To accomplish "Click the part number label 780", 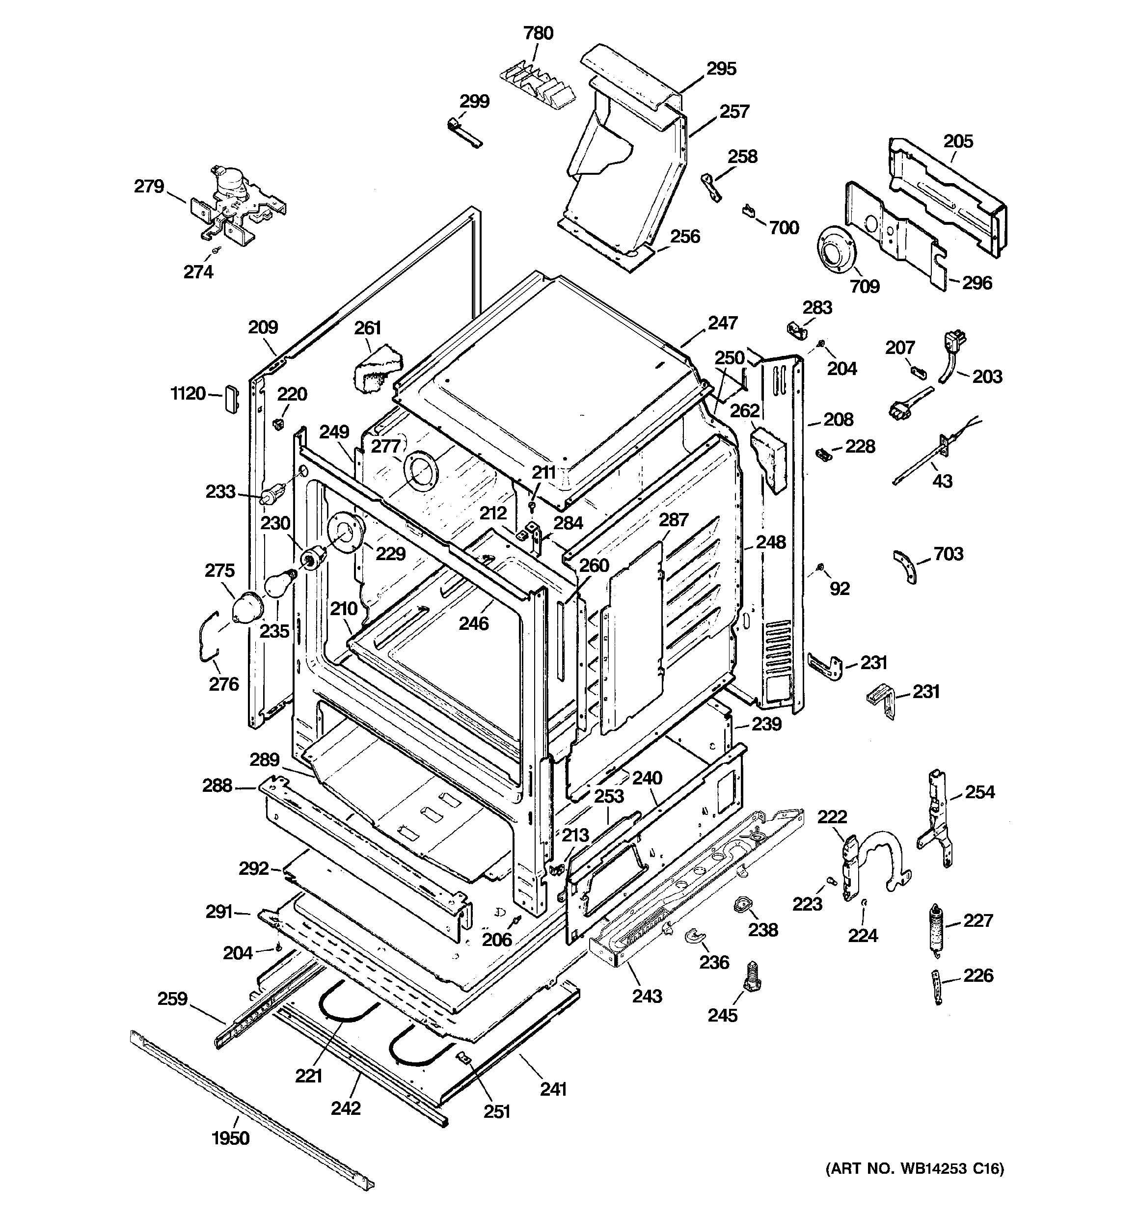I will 538,33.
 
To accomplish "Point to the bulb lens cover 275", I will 247,608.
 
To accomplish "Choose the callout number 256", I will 685,237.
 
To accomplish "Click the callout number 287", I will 673,519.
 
